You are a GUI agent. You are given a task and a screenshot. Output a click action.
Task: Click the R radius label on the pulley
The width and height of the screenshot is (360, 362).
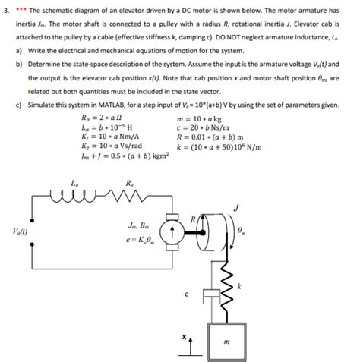pos(194,219)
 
